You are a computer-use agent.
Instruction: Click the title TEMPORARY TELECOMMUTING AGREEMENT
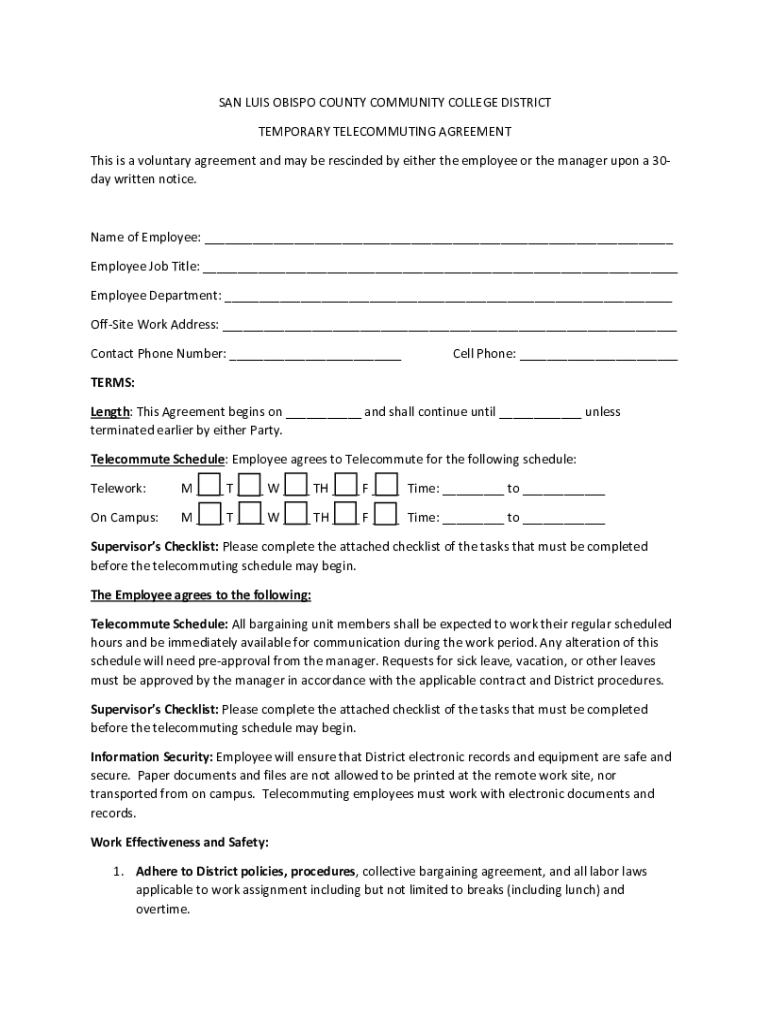(x=385, y=131)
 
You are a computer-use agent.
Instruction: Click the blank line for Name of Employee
(x=438, y=239)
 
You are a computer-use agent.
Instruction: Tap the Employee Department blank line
(x=448, y=297)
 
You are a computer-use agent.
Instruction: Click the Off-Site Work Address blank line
(x=449, y=326)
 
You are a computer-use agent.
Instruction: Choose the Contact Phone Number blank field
(x=315, y=355)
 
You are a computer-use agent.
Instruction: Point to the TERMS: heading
(x=112, y=383)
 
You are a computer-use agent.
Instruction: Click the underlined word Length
(x=110, y=412)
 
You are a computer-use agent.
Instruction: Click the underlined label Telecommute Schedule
(x=157, y=460)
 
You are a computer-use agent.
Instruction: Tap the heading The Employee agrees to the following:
(x=201, y=596)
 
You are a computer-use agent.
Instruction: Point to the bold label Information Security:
(x=151, y=757)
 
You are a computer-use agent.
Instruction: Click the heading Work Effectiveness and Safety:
(x=179, y=843)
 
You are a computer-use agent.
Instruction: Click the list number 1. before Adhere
(x=118, y=872)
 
